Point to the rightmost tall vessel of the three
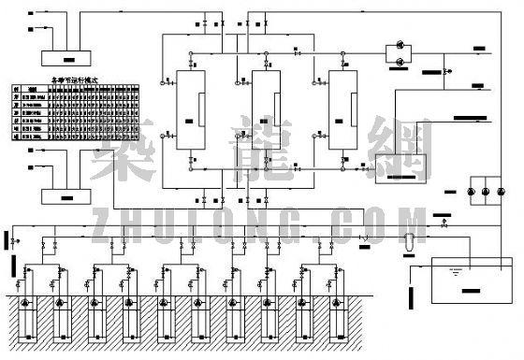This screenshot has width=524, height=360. (x=342, y=110)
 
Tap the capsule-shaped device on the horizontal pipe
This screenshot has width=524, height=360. (x=407, y=239)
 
